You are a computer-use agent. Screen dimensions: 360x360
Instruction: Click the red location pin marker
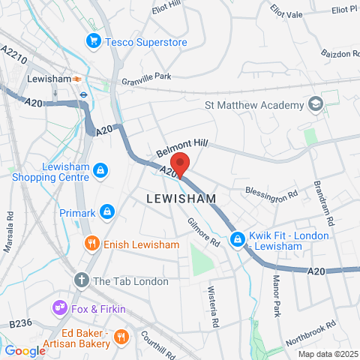tap(179, 164)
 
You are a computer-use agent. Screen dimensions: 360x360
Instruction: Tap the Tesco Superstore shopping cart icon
tap(94, 41)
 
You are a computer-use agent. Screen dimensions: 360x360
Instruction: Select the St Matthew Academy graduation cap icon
tap(316, 105)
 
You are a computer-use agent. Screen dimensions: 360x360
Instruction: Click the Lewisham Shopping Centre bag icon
tap(100, 172)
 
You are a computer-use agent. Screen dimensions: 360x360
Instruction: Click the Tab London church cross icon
tap(82, 280)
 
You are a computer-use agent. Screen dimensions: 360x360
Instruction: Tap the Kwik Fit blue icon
tap(238, 240)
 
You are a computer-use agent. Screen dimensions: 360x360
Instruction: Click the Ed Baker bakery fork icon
tap(121, 338)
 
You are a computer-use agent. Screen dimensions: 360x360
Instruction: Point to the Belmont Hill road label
tap(181, 145)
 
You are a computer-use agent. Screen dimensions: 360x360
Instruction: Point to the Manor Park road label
tap(274, 276)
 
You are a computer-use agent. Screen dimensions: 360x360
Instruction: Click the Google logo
tap(25, 350)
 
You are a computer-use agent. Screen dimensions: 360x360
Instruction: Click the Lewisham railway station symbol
tap(76, 78)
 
